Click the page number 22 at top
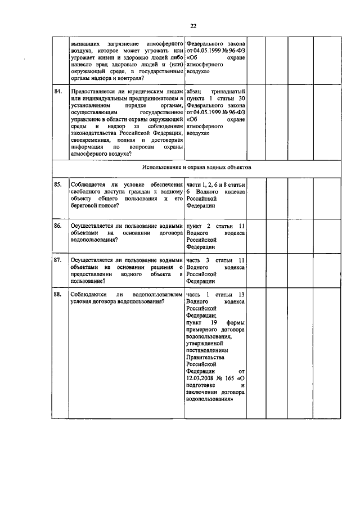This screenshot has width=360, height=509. click(193, 26)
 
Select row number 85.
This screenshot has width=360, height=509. click(58, 184)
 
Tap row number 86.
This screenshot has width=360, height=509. click(58, 226)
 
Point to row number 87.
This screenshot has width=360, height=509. click(58, 260)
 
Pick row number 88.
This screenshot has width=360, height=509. click(58, 294)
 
